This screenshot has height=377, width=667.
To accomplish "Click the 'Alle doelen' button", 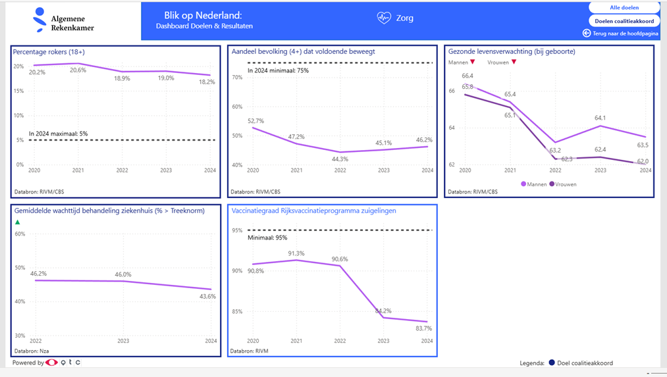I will [x=624, y=8].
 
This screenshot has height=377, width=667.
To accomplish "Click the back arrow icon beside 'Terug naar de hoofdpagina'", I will [x=587, y=33].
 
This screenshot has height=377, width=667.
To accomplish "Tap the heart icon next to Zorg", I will [x=384, y=18].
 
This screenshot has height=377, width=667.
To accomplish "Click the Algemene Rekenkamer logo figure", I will [x=41, y=20].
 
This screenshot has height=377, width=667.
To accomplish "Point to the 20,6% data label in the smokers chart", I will [x=78, y=70].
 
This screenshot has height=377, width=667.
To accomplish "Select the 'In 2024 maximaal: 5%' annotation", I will [x=58, y=134].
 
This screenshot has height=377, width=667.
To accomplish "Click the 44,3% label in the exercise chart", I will [x=340, y=159].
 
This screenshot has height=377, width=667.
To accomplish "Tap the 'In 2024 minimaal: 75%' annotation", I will [x=278, y=70].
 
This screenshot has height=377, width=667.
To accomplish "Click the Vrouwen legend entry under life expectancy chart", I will [x=563, y=184].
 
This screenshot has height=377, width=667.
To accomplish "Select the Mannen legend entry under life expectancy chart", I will [x=534, y=184].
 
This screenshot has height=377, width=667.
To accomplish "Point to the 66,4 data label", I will [x=467, y=76].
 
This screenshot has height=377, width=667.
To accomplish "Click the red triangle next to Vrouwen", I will [x=514, y=63].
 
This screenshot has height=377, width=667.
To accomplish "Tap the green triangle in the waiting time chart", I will [x=18, y=222].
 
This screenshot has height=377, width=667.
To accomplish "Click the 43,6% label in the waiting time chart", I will [x=207, y=296].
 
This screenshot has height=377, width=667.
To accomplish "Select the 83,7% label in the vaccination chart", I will [x=424, y=328].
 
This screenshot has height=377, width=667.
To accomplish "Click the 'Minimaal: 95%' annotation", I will [x=267, y=238].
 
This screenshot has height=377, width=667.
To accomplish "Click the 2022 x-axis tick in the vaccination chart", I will [x=340, y=341].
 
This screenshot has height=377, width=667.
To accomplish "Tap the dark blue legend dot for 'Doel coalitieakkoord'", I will [x=552, y=363].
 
